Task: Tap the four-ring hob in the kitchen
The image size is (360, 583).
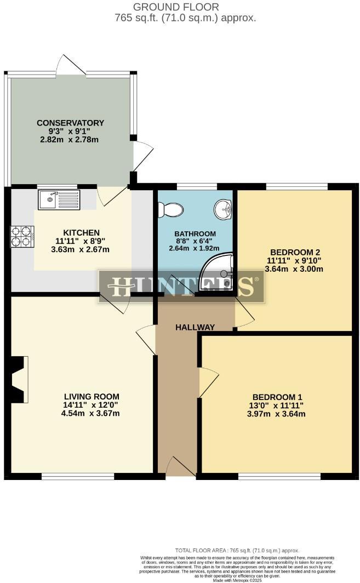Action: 22,236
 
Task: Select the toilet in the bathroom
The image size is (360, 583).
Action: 170,209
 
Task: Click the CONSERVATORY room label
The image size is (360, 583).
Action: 70,123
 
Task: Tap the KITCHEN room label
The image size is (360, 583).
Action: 81,232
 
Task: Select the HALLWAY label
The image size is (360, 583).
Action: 195,327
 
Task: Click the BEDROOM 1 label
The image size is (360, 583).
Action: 277,397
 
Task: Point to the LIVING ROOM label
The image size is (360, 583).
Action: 92,397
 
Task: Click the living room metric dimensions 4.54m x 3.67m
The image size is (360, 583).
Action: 92,414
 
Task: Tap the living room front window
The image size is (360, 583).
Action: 78,476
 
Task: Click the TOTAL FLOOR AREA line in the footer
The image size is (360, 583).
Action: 237,550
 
